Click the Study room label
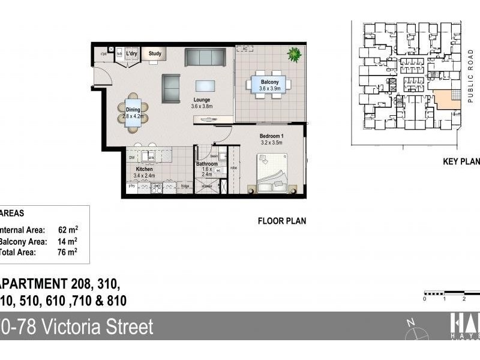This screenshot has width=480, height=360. [x=155, y=53]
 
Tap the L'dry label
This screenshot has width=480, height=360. [x=131, y=53]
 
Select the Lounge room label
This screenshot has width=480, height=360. [x=202, y=100]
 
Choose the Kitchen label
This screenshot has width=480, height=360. [x=145, y=170]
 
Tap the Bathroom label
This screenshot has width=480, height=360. [x=207, y=164]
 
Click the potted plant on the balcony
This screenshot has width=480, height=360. [x=294, y=55]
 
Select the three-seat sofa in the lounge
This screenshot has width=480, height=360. [x=205, y=57]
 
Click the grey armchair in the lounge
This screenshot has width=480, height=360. [x=170, y=88]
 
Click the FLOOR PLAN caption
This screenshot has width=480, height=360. [x=282, y=221]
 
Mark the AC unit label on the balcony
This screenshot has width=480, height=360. [x=244, y=48]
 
